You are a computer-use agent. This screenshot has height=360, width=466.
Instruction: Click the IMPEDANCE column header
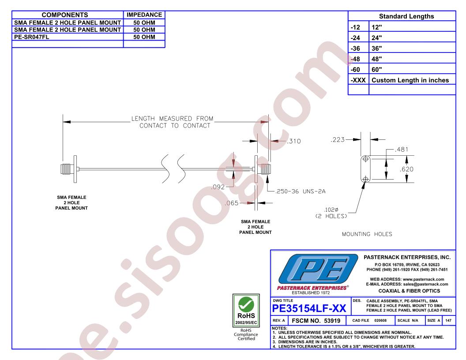click(144, 15)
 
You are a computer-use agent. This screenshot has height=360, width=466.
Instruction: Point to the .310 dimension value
click(293, 142)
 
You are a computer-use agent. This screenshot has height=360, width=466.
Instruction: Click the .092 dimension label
click(218, 186)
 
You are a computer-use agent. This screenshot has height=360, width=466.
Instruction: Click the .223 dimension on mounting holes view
click(338, 140)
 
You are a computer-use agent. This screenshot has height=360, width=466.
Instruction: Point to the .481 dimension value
click(402, 149)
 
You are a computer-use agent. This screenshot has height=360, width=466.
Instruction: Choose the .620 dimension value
click(406, 169)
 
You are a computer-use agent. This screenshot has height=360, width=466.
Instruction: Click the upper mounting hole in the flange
click(366, 159)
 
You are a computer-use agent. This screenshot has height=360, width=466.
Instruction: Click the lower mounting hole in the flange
click(366, 179)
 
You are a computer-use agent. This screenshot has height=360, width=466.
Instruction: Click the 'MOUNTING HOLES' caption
click(367, 234)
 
